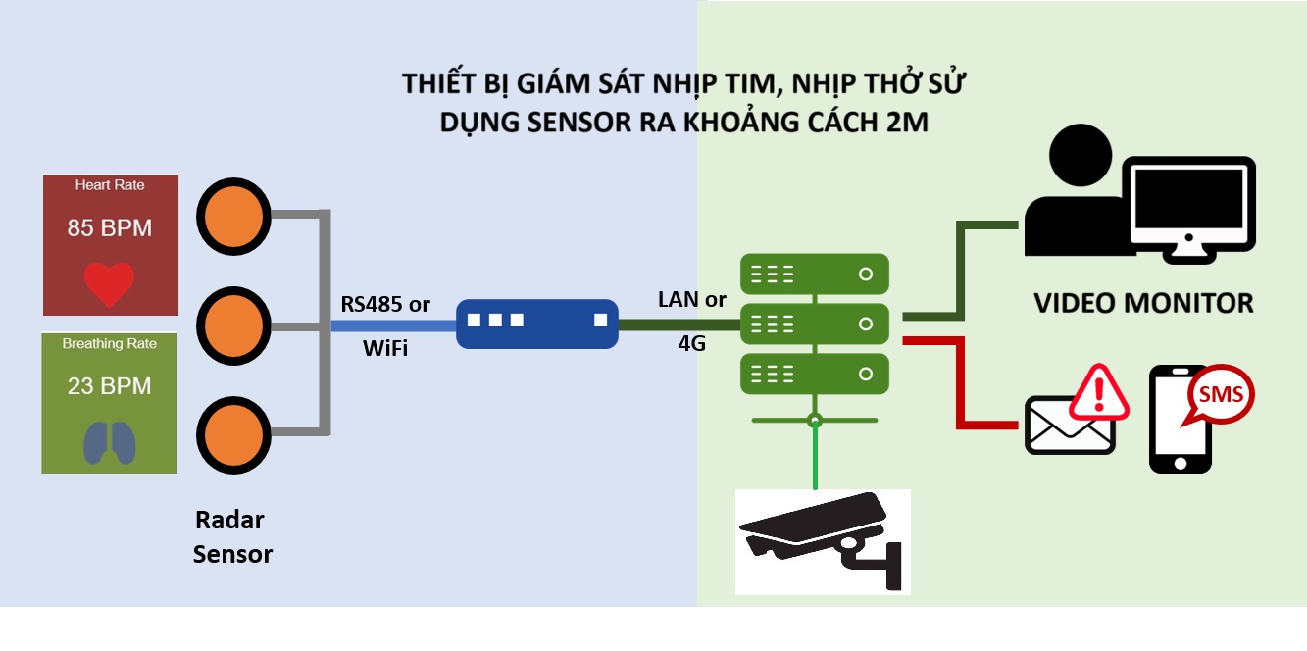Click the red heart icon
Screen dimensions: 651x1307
point(109,283)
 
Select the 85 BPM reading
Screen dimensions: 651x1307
point(110,228)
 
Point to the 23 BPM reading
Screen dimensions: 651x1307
point(110,386)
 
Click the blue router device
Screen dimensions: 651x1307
point(536,324)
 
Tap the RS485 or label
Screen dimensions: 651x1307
point(385,304)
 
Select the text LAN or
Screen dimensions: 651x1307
point(692,300)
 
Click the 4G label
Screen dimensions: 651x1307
point(692,344)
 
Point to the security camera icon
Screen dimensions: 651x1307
point(823,540)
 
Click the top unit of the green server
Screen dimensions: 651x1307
point(814,275)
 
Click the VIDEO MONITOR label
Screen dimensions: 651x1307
point(1143,303)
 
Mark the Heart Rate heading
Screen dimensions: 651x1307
point(110,184)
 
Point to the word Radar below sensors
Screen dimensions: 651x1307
point(229,520)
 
